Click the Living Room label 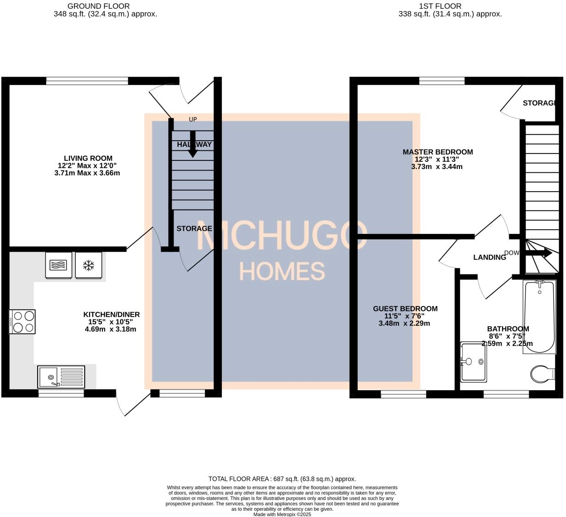click(x=88, y=159)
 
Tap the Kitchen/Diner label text click(x=111, y=315)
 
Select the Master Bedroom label click(x=437, y=152)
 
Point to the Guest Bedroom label click(x=405, y=309)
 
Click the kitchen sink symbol click(x=62, y=376)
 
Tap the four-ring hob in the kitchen click(x=23, y=322)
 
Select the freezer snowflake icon click(x=88, y=265)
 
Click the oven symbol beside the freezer click(x=58, y=265)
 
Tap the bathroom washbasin click(x=473, y=361)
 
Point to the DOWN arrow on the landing click(x=538, y=253)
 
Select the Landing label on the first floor click(x=489, y=257)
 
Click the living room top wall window click(x=87, y=81)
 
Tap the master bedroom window click(x=441, y=81)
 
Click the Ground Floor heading click(x=98, y=6)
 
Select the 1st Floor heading click(x=440, y=6)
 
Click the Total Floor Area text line click(x=282, y=479)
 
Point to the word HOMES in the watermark click(x=282, y=271)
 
